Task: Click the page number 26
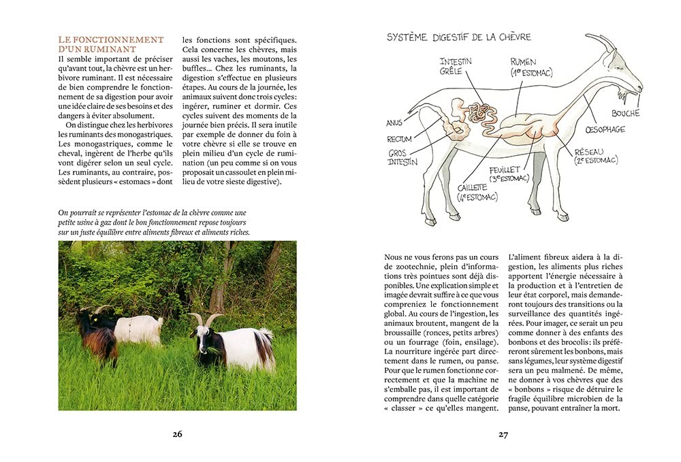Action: coord(177,434)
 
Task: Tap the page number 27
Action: coord(503,434)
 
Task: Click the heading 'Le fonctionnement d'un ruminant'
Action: coord(111,44)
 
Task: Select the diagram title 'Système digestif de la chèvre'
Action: coord(458,37)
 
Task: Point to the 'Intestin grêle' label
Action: coord(456,66)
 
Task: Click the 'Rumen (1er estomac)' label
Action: coord(531,67)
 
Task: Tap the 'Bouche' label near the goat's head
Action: coord(625,114)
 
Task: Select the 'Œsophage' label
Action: coord(605,129)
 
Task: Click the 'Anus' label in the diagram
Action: coord(394,123)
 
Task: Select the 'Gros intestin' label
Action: coord(403,158)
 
